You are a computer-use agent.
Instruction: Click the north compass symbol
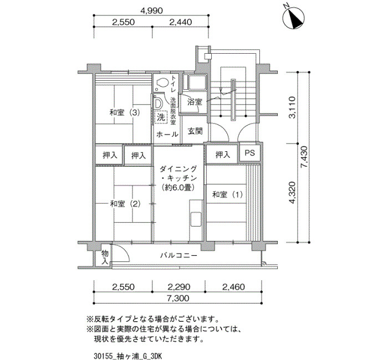[x=294, y=18]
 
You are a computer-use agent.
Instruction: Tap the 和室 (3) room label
[x=125, y=113]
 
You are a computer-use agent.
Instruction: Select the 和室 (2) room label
[x=125, y=204]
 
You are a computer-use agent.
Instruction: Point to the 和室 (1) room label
[x=228, y=194]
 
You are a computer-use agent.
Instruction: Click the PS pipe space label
[x=249, y=153]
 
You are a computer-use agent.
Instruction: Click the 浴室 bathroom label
[x=195, y=102]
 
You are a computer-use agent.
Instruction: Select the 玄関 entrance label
[x=195, y=131]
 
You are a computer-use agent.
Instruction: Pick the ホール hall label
[x=167, y=134]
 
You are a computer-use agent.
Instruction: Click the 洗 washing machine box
[x=161, y=117]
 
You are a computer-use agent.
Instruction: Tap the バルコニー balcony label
[x=178, y=255]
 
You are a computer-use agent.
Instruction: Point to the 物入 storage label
[x=105, y=257]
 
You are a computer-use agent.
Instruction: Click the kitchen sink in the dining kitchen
[x=196, y=219]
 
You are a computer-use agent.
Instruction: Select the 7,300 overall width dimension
[x=178, y=298]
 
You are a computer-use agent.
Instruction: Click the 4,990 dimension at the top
[x=151, y=11]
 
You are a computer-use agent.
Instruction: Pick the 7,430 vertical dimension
[x=304, y=157]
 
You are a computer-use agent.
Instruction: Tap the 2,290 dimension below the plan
[x=179, y=287]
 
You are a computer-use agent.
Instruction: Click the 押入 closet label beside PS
[x=223, y=155]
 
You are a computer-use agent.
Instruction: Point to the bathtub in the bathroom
[x=196, y=83]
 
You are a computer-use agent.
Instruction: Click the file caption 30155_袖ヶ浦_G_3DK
[x=128, y=356]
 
